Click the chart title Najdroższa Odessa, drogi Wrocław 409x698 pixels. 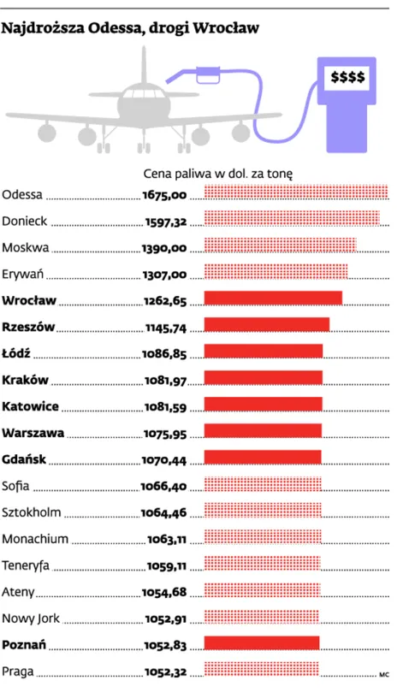click(130, 29)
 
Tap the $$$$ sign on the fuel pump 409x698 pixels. click(347, 78)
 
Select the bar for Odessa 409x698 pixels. click(296, 192)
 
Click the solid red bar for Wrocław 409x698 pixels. click(273, 299)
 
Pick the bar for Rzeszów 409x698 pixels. click(267, 325)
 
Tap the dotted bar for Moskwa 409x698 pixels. click(281, 245)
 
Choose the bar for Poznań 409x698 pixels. click(262, 642)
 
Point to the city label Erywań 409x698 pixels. click(23, 274)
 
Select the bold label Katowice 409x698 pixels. click(30, 405)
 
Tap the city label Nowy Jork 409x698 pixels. click(31, 618)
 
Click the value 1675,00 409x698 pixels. click(164, 194)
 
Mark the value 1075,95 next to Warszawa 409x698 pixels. click(164, 433)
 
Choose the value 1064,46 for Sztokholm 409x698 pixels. click(164, 512)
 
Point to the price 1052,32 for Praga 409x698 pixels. click(164, 671)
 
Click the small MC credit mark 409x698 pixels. click(383, 675)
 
